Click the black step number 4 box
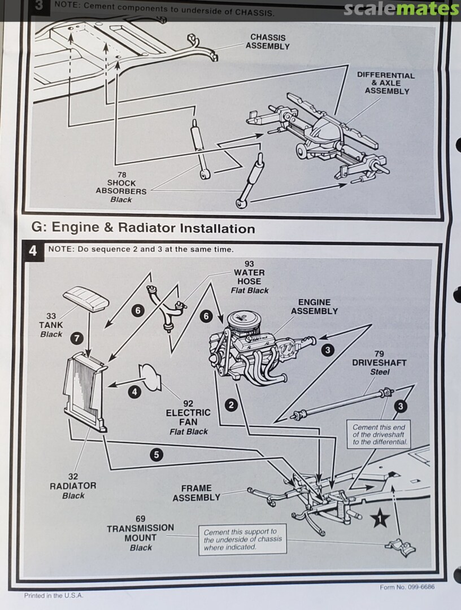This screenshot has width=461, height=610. tap(33, 250)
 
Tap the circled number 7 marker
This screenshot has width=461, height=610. tap(77, 338)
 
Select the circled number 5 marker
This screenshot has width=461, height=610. tap(157, 454)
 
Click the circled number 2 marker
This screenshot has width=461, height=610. tap(230, 404)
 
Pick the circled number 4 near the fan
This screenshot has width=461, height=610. tap(134, 391)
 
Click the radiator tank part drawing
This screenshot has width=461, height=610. tap(85, 298)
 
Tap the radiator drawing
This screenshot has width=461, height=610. tap(85, 392)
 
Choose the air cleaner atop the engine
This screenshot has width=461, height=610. tap(243, 324)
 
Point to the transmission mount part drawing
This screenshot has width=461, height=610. tap(401, 546)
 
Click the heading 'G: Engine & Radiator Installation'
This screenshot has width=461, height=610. tap(143, 228)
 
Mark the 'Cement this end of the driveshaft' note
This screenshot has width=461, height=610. tap(379, 435)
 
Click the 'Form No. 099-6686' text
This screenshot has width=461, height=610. tap(407, 587)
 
